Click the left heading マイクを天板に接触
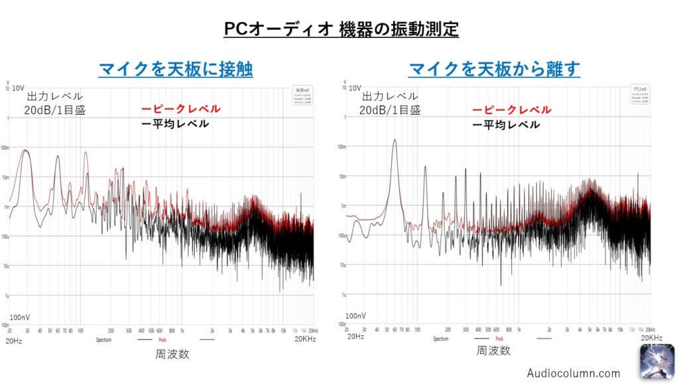(175, 69)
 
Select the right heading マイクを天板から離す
(494, 69)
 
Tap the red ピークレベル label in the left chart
(181, 109)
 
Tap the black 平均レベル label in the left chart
(176, 123)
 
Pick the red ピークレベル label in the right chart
(511, 110)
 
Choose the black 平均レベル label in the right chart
(506, 124)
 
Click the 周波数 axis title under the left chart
(172, 354)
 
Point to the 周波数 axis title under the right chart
(494, 350)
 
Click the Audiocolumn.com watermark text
(574, 373)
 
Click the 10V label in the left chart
(18, 88)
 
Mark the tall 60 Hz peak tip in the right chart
(395, 140)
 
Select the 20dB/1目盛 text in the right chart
(390, 110)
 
